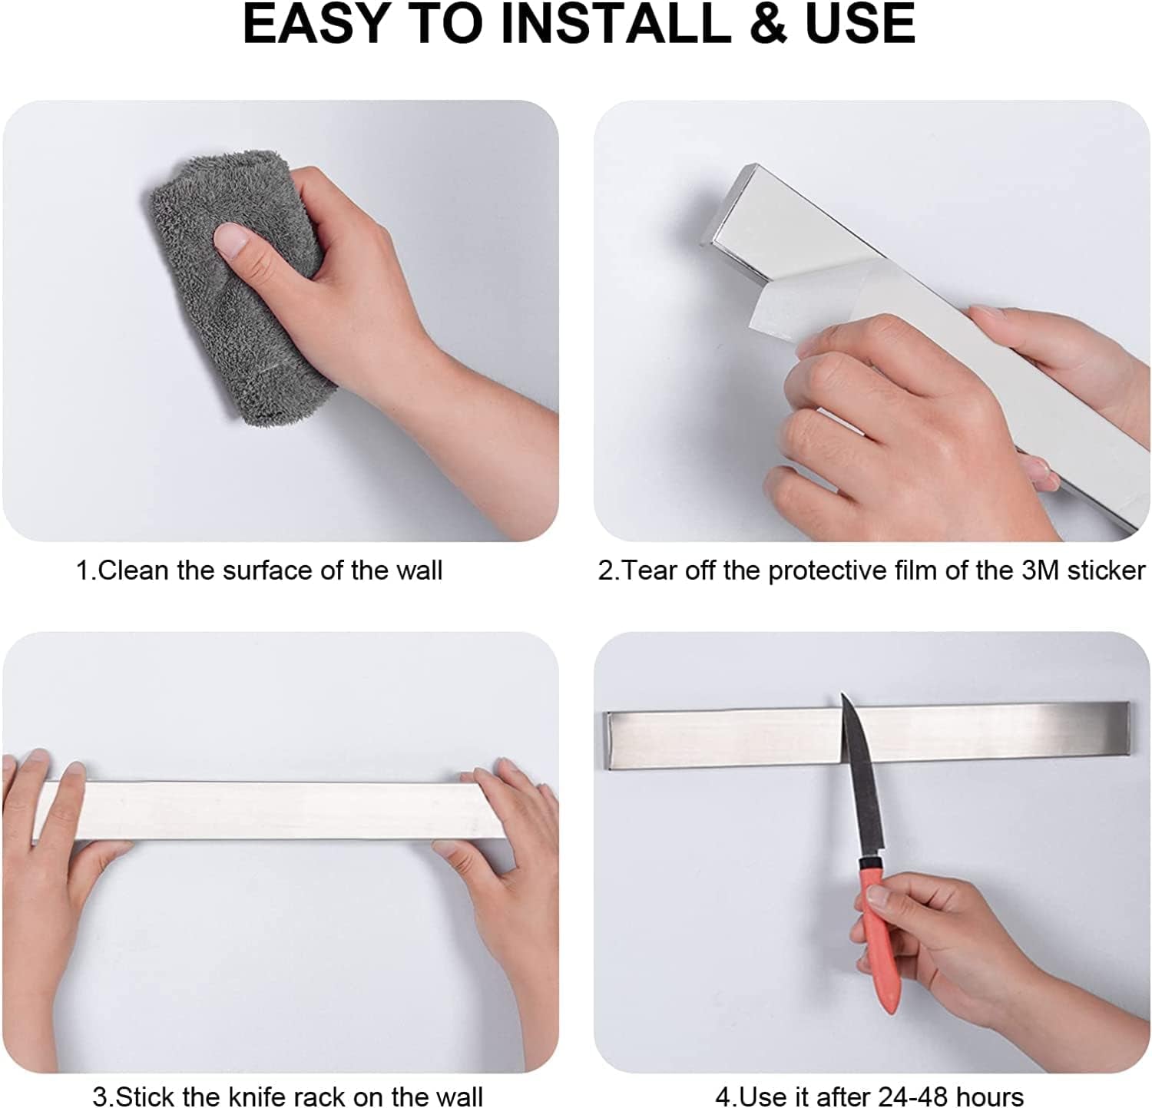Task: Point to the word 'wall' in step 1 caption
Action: coord(419,571)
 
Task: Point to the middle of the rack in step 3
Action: coord(269,810)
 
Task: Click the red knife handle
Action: coord(878,929)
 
